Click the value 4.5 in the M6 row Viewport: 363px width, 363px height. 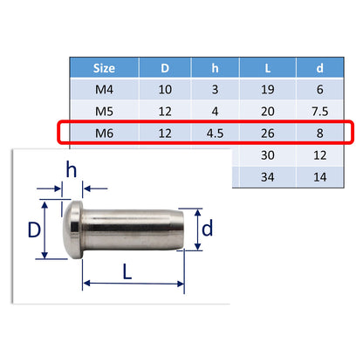coord(216,132)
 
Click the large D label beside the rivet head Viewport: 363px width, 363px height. coord(32,230)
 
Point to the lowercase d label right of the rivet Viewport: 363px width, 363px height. coord(207,229)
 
